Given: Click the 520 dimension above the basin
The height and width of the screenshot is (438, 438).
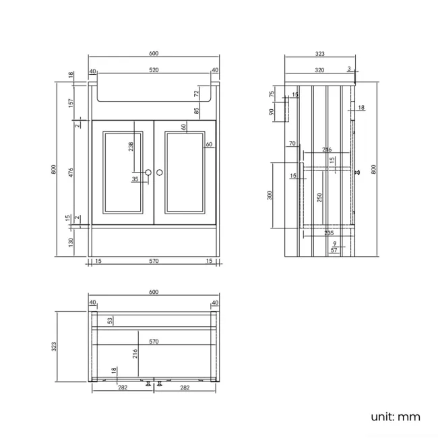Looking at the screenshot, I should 154,70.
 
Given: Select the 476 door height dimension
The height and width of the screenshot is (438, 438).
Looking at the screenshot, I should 70,172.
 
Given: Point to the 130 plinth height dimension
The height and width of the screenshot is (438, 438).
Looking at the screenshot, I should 70,243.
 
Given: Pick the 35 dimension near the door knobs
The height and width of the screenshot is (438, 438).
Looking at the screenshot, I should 135,179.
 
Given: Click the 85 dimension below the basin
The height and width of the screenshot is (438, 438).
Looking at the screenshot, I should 197,111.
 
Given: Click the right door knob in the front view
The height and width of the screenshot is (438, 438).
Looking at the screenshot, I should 160,173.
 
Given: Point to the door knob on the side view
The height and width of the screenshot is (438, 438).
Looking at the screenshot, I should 358,172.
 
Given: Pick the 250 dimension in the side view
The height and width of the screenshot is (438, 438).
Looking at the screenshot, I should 320,197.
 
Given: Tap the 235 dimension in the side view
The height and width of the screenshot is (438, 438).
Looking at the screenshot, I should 329,232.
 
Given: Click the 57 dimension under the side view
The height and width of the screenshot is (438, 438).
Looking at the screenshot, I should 334,251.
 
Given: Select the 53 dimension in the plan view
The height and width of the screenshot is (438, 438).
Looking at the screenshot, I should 111,321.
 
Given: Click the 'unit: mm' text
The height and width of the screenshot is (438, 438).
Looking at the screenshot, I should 396,416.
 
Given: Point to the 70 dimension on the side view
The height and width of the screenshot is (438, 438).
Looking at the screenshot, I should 292,144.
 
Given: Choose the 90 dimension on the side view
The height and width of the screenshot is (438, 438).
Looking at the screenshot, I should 272,113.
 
